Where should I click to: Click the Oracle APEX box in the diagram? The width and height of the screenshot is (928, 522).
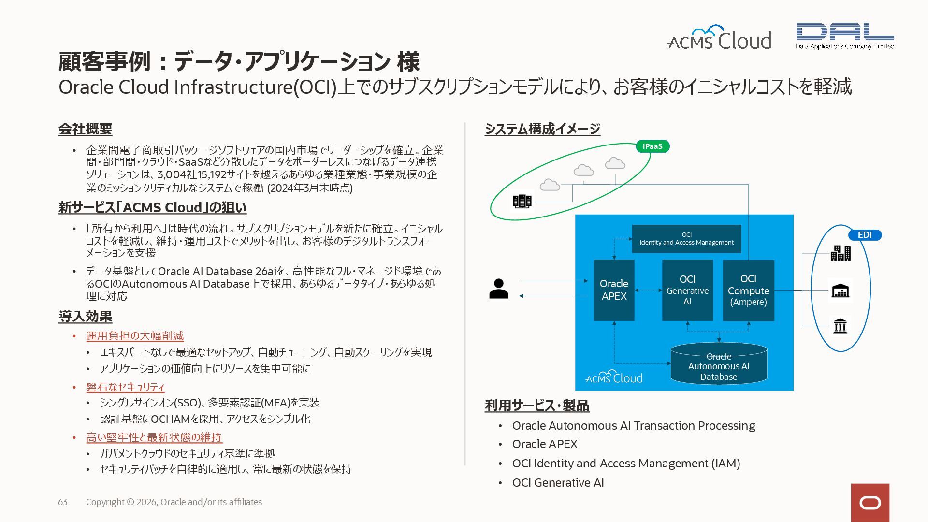[614, 290]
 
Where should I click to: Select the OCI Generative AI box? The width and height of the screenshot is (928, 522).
[687, 290]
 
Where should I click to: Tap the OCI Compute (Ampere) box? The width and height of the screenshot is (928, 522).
[748, 290]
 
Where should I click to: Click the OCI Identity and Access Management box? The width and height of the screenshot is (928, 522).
[686, 239]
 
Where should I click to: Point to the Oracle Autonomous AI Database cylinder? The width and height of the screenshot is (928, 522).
[719, 366]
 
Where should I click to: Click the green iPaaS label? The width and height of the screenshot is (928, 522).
[652, 146]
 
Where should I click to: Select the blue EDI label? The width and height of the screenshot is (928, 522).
[865, 235]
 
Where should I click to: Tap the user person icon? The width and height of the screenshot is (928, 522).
[498, 289]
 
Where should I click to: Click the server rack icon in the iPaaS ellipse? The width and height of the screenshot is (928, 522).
[522, 201]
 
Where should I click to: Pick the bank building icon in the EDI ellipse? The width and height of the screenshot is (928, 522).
[841, 326]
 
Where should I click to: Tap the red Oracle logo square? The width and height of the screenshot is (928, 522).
[870, 503]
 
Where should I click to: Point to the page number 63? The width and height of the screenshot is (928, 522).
[63, 502]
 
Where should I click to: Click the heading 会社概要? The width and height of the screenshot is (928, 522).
[86, 129]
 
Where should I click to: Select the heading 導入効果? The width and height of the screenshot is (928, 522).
[86, 317]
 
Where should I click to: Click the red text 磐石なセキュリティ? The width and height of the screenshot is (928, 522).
[125, 387]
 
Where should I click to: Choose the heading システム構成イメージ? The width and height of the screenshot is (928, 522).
[542, 129]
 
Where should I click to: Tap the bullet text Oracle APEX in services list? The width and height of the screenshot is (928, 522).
[545, 444]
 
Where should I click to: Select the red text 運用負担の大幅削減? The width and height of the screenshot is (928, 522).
[135, 336]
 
